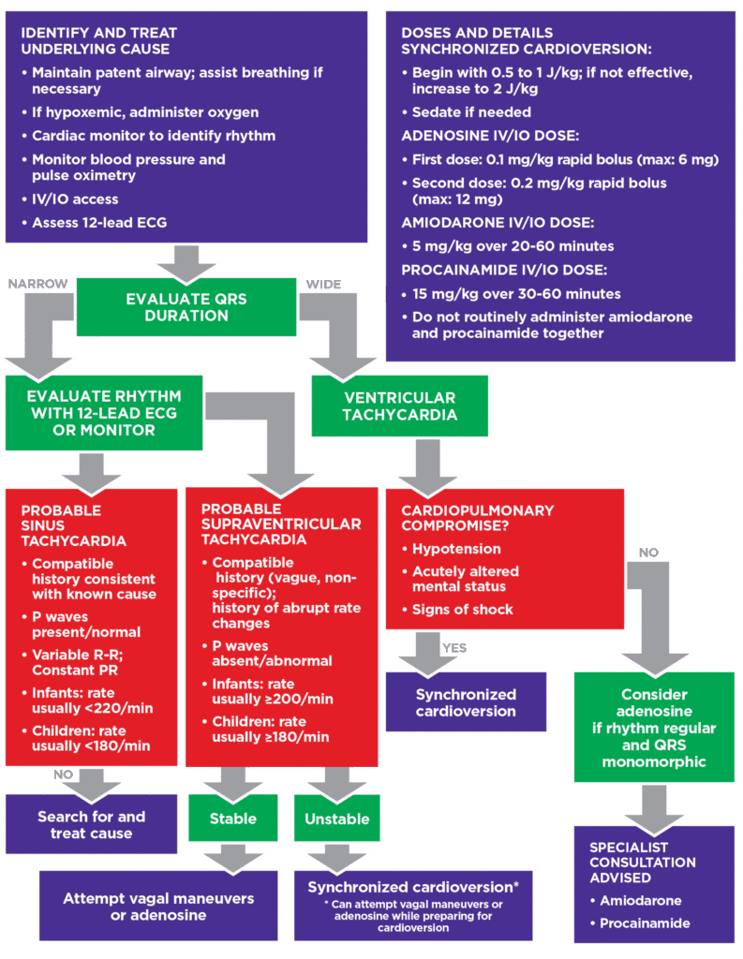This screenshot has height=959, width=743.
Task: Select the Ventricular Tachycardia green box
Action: point(399,406)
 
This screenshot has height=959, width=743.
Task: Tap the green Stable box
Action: point(232,819)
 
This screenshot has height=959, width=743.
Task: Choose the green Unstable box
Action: point(336,819)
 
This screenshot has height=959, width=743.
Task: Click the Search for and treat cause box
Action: point(91,824)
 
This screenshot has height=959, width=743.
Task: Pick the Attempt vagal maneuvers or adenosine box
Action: point(158,906)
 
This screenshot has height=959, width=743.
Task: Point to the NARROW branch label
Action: point(37,283)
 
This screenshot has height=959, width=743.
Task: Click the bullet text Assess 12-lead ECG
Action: point(99,223)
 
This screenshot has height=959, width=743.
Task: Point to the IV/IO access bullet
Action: point(76,199)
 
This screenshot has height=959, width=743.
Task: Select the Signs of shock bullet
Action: point(462,610)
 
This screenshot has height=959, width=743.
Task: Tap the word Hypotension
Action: point(456,549)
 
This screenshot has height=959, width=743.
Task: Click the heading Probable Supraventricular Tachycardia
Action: point(280,524)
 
